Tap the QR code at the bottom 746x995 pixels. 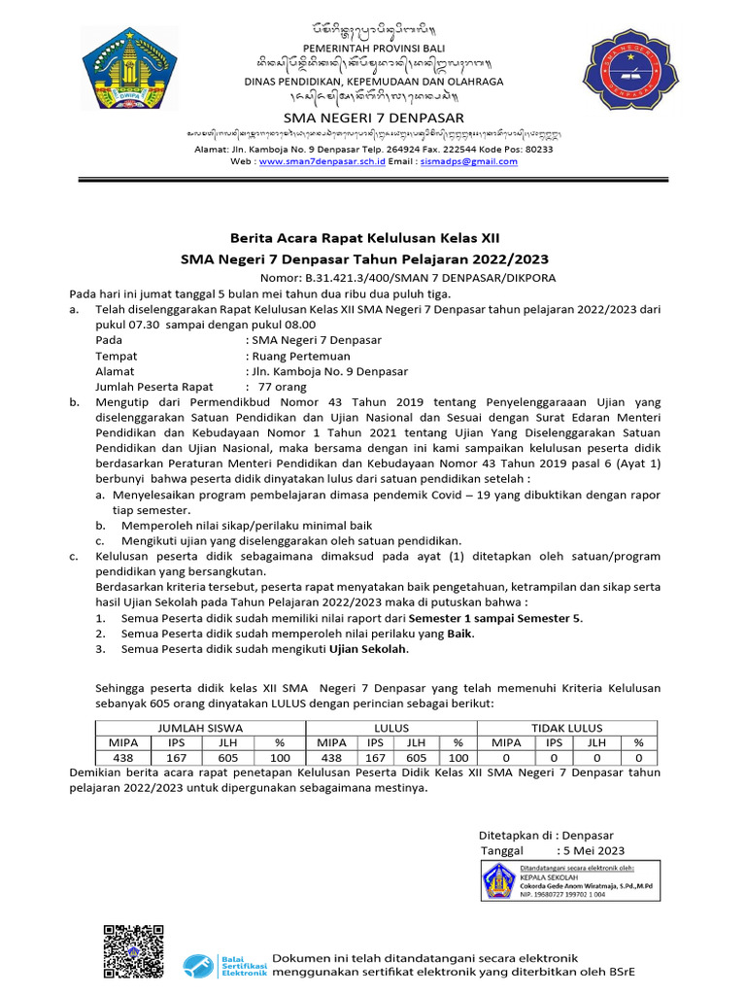coord(133,950)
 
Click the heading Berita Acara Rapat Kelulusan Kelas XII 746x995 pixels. coord(364,238)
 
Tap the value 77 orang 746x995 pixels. coord(281,386)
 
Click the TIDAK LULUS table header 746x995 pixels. coord(566,727)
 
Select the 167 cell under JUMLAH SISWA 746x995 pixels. coord(177,757)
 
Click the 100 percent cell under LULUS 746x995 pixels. coord(459,757)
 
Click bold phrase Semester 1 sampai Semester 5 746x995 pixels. coord(495,618)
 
